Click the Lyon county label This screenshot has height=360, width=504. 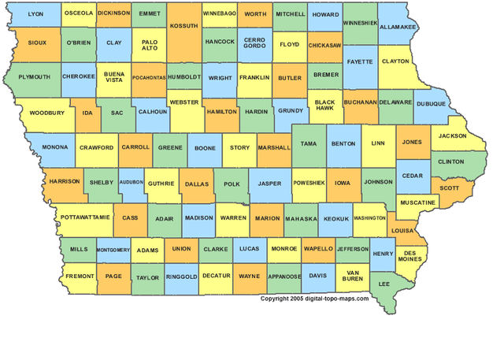(35, 14)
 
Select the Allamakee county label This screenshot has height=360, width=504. (398, 27)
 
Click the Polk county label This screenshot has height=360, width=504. (232, 184)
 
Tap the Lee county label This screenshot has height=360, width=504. (385, 283)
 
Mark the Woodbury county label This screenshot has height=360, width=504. (46, 113)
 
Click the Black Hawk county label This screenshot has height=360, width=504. (325, 106)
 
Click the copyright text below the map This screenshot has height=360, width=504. (315, 299)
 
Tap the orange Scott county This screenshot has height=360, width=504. (450, 188)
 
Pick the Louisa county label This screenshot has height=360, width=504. (402, 231)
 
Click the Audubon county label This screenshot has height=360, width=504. (132, 182)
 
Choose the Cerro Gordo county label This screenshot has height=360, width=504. (254, 44)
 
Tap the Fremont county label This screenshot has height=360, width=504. (80, 276)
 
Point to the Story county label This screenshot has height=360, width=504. (240, 147)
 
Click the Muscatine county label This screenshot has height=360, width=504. (417, 202)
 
